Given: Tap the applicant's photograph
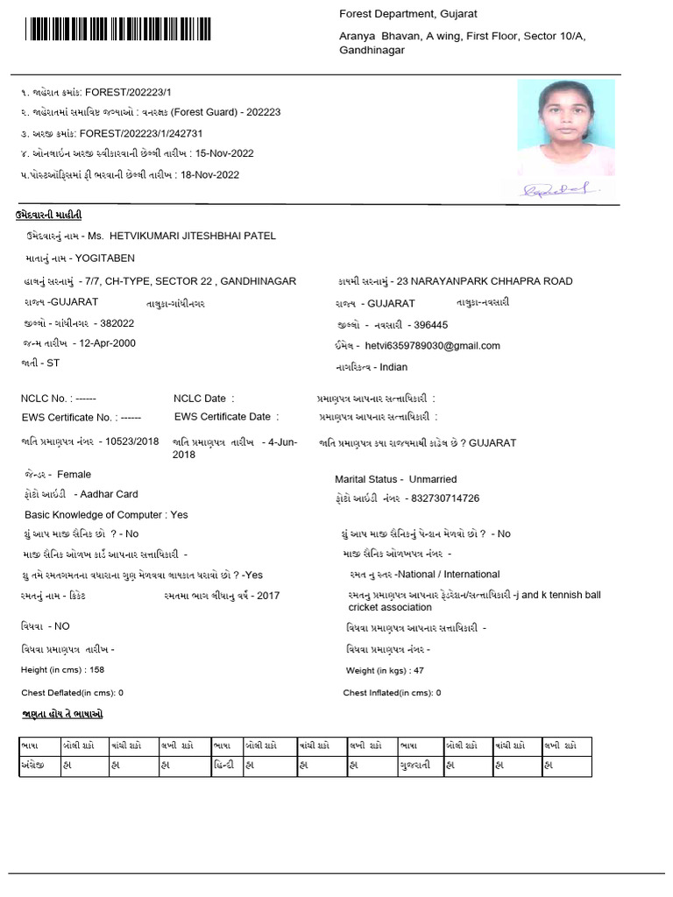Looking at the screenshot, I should click(x=565, y=127).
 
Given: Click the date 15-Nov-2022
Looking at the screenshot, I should click(x=224, y=153).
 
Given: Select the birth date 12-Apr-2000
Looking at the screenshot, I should click(x=107, y=343).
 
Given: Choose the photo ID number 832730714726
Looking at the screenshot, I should click(x=443, y=498).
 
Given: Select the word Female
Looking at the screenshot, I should click(x=74, y=474).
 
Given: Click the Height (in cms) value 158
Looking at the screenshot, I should click(x=97, y=669).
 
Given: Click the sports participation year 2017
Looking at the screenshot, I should click(x=270, y=595).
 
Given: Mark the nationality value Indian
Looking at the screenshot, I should click(x=394, y=367).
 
